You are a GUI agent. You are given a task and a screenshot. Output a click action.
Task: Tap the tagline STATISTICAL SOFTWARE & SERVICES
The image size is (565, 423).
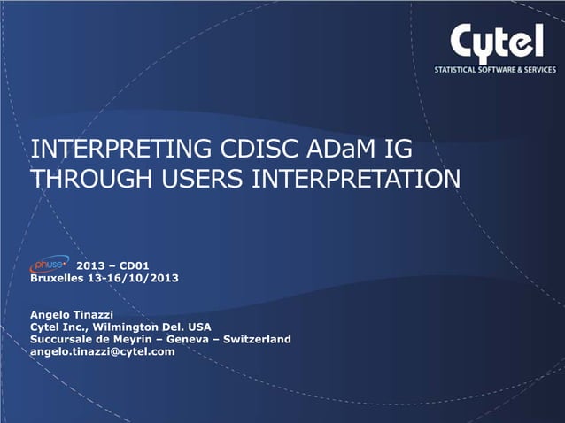click(494, 69)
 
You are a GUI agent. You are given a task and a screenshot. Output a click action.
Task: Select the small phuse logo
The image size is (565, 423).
click(50, 265)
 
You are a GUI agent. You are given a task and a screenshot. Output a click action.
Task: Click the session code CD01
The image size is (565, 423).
click(132, 265)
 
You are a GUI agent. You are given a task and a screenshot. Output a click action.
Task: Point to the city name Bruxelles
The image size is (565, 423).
click(61, 278)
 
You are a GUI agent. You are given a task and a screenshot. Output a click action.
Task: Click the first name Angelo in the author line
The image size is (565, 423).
click(53, 314)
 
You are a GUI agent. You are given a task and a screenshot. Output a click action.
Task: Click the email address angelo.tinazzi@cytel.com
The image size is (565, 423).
click(103, 351)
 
